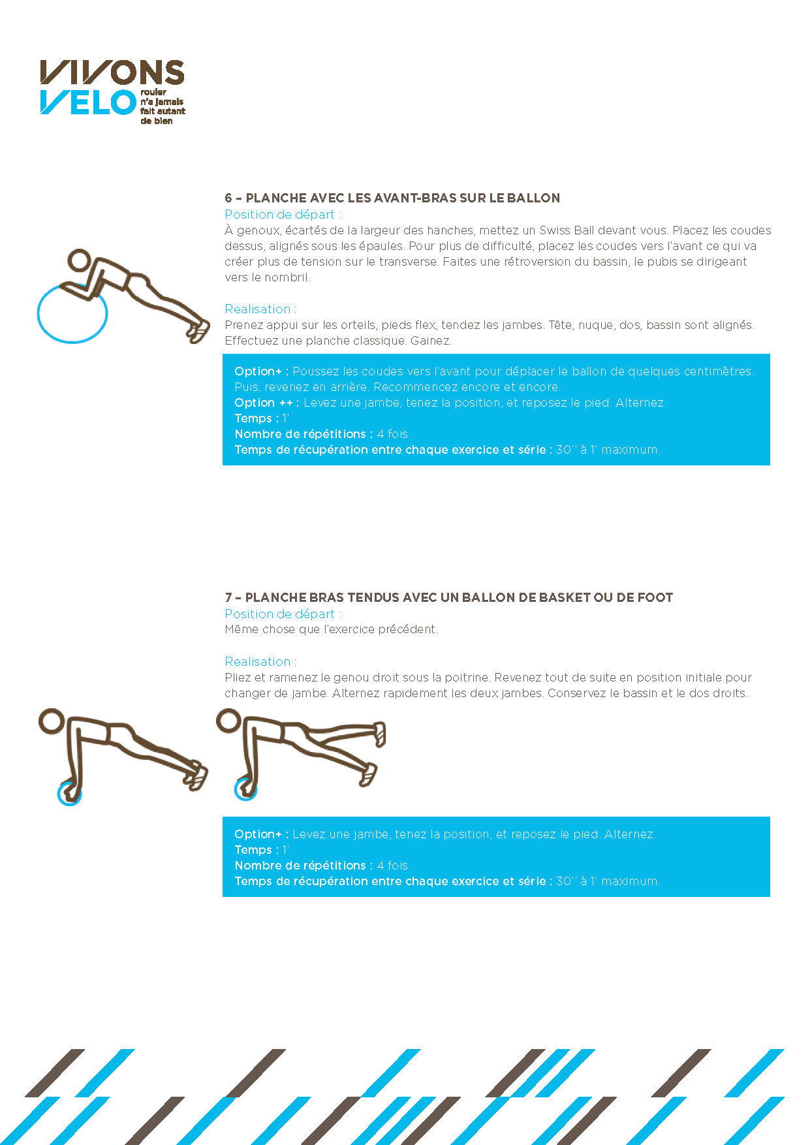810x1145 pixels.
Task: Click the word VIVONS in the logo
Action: pos(112,72)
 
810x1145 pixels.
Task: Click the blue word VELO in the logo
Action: pos(87,103)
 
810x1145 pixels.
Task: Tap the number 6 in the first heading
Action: pos(228,198)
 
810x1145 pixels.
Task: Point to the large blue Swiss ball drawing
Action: pos(72,315)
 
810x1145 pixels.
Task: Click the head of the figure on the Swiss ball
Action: pos(80,260)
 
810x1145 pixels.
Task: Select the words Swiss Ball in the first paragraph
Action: pos(567,230)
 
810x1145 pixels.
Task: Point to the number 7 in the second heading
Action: pos(228,597)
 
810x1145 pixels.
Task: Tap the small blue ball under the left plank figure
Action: pos(69,793)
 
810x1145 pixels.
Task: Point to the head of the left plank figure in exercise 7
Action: pos(51,721)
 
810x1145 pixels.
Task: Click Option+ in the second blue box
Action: pos(261,834)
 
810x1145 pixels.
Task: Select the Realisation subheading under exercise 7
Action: pos(260,662)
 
